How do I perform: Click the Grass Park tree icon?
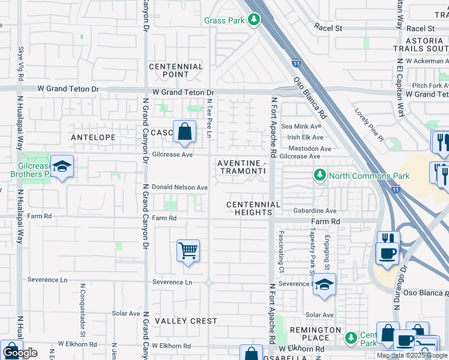tap(254, 20)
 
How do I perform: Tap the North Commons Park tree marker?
tap(320, 176)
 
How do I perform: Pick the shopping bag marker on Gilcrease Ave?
tap(184, 131)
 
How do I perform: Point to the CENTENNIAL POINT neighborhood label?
tap(176, 70)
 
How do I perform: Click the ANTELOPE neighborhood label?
tap(93, 137)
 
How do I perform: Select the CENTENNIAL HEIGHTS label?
tap(253, 209)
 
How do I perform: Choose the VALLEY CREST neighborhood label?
tap(186, 321)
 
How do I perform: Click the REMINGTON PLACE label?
tap(316, 334)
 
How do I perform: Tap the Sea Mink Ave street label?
tap(301, 127)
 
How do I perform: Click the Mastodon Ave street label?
tap(310, 148)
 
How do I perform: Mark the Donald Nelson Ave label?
tap(179, 187)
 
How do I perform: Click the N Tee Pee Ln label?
tap(209, 118)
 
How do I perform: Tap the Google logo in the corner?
tap(21, 353)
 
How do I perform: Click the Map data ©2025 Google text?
tap(412, 355)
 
